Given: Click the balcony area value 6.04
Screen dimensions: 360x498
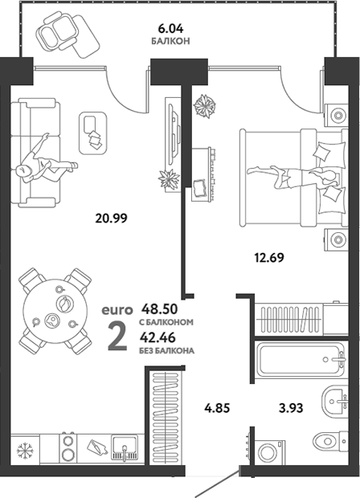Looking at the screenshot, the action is tap(170, 29).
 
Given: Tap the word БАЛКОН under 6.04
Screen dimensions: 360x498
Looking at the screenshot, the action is tap(170, 41).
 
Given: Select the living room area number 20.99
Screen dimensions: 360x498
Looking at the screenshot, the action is tap(111, 218).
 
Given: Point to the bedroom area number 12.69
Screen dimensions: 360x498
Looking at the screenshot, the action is tap(269, 257).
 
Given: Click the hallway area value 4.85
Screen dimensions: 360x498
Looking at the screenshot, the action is tap(216, 407).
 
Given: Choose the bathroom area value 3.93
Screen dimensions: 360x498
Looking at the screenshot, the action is tap(291, 407).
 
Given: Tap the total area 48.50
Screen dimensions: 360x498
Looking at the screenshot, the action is tap(159, 308).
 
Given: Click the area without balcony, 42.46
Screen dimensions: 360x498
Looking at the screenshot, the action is tap(158, 337).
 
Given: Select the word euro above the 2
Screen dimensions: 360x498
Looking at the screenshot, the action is tap(117, 310).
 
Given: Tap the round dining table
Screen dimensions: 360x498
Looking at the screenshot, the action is tap(55, 312).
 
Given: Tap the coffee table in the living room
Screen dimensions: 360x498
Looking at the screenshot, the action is tap(92, 133).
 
